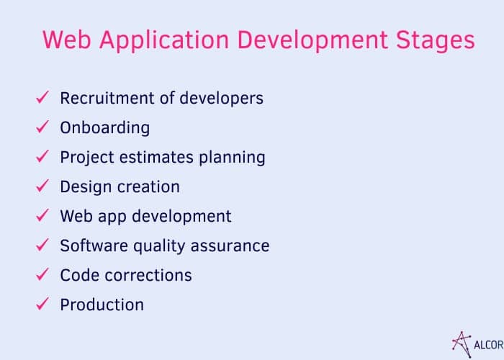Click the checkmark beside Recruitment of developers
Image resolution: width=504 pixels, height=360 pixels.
coord(42,97)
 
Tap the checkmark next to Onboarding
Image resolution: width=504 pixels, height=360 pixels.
coord(42,127)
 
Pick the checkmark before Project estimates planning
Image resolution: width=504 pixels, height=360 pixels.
coord(42,156)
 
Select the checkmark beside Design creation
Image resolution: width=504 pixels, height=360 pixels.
coord(42,186)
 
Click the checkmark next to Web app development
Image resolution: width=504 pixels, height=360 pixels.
coord(42,215)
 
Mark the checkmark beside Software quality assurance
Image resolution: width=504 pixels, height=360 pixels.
coord(42,245)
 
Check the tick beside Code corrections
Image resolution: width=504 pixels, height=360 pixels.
coord(42,274)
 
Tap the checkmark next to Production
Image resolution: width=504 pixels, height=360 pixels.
coord(42,304)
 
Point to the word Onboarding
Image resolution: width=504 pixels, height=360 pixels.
coord(105,128)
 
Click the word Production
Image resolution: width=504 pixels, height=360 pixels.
coord(102,305)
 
